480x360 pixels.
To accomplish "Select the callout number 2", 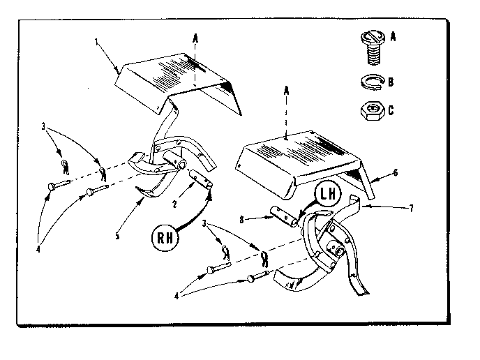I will pyautogui.click(x=175, y=204).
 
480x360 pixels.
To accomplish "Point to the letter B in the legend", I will pyautogui.click(x=393, y=82).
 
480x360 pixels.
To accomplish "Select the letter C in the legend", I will pyautogui.click(x=393, y=110).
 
